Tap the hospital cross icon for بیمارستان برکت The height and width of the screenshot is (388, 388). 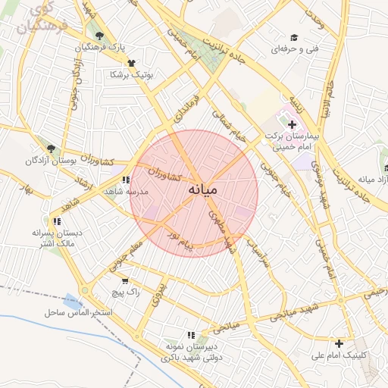(x=293, y=123)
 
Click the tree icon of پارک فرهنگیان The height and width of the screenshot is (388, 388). (x=99, y=35)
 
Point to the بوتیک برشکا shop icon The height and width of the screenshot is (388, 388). (x=131, y=64)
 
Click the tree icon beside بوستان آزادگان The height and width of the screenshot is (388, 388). (x=51, y=149)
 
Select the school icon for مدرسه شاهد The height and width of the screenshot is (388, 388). (x=126, y=180)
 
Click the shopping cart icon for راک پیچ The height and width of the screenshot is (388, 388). (x=125, y=281)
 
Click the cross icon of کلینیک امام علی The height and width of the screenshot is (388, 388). (x=338, y=343)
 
